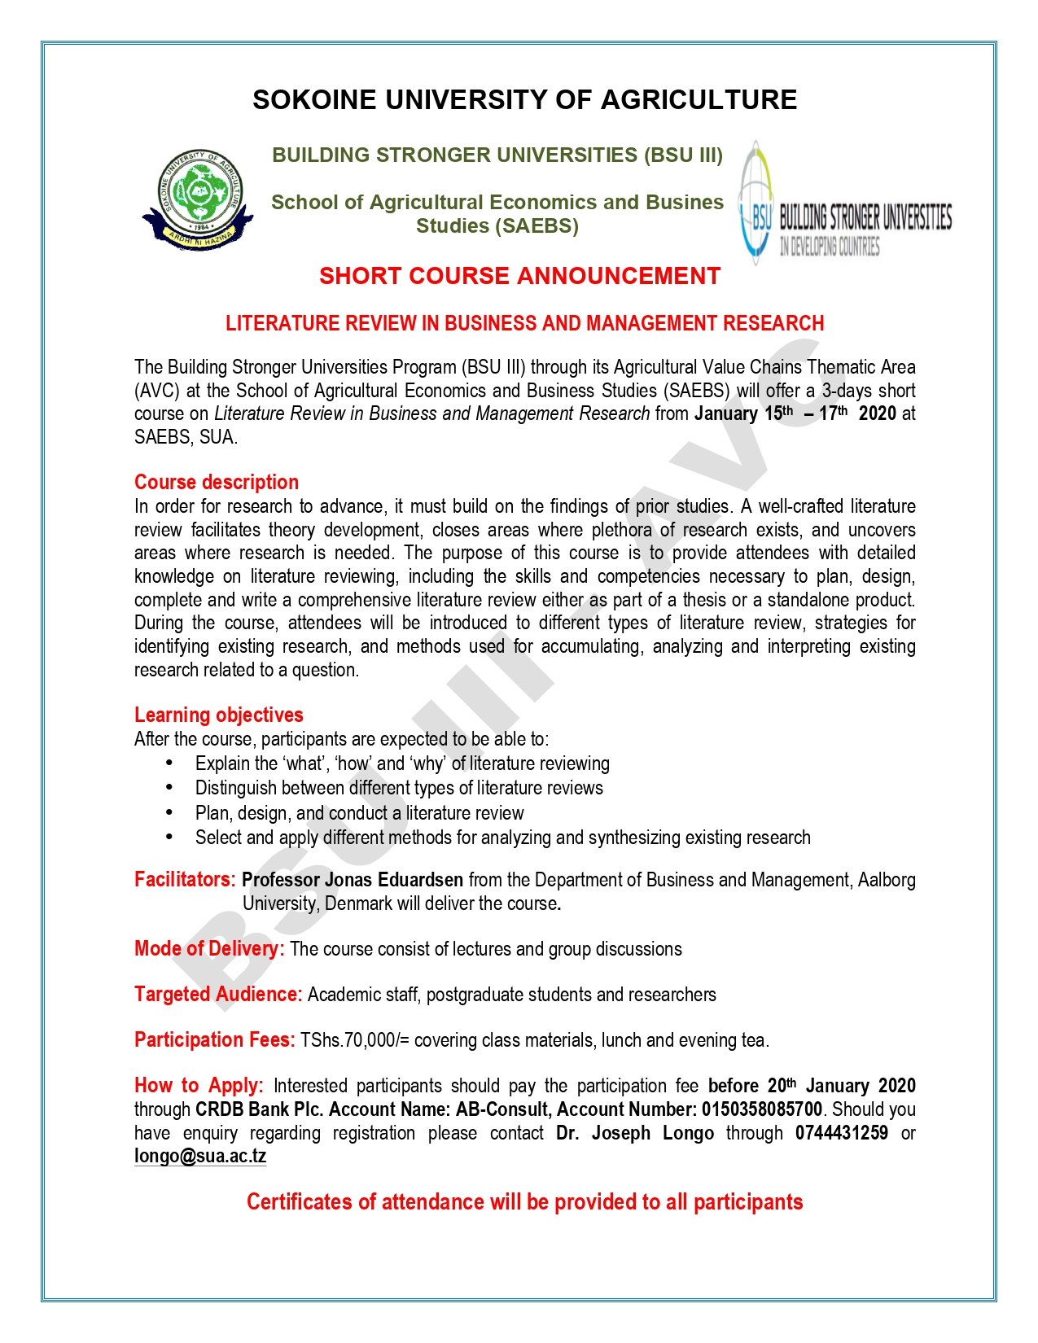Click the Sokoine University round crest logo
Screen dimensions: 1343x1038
(199, 198)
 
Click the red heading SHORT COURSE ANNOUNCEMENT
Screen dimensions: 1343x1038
(519, 277)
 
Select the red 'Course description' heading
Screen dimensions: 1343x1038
(217, 482)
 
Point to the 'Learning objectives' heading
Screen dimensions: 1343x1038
(218, 715)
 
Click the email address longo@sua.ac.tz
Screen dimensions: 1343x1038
(200, 1156)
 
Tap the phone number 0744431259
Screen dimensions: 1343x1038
(841, 1133)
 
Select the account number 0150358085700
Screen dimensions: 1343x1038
(761, 1109)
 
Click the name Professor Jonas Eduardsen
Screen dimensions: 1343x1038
(353, 880)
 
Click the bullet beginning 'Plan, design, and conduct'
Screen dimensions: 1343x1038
(359, 813)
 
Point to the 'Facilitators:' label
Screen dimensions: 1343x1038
(185, 880)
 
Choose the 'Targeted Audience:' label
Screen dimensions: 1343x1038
(218, 995)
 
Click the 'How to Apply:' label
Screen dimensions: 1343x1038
(199, 1086)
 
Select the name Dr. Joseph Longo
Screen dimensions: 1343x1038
(635, 1133)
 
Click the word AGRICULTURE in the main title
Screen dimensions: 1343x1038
(699, 99)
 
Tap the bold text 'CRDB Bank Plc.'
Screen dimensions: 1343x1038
(260, 1109)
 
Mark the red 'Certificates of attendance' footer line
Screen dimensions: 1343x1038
(524, 1202)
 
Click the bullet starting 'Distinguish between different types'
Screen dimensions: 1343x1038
(399, 788)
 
